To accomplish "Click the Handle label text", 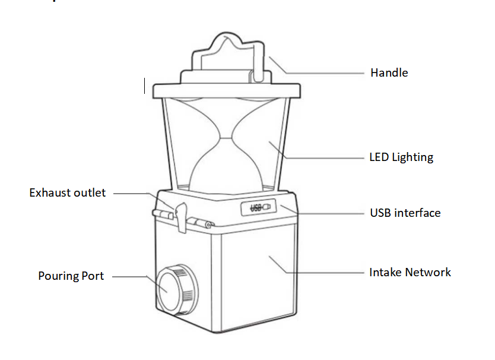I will (389, 73).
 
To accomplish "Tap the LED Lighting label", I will (401, 158).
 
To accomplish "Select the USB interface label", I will (405, 213).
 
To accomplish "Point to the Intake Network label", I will (410, 273).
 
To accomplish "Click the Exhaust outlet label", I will (68, 193).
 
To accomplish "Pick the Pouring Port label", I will (71, 276).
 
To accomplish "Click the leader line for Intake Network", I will (326, 273).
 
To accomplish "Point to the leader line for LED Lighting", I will (326, 158).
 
